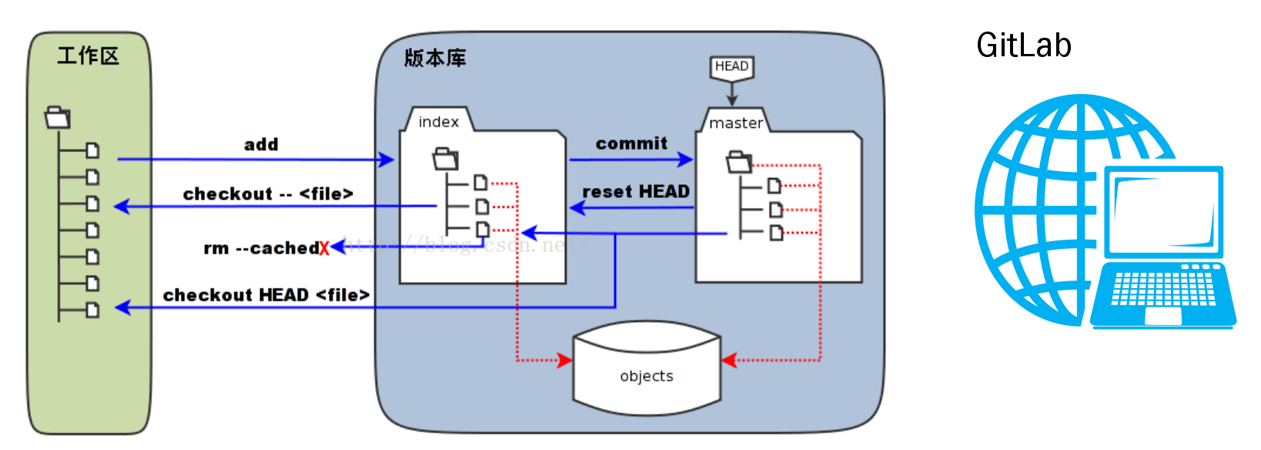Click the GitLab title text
1023,45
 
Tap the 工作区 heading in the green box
89,56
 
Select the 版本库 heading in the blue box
435,59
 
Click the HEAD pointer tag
731,67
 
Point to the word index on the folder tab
438,122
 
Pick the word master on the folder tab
735,123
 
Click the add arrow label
261,145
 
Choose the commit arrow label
631,143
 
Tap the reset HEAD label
636,192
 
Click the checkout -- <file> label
268,194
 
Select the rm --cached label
261,248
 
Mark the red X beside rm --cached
324,248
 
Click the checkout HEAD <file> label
266,295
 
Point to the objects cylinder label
647,376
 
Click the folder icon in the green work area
58,118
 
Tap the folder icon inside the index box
445,160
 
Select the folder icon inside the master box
739,163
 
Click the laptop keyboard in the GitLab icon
1163,289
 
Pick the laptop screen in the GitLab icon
1164,212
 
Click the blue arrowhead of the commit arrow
685,160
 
